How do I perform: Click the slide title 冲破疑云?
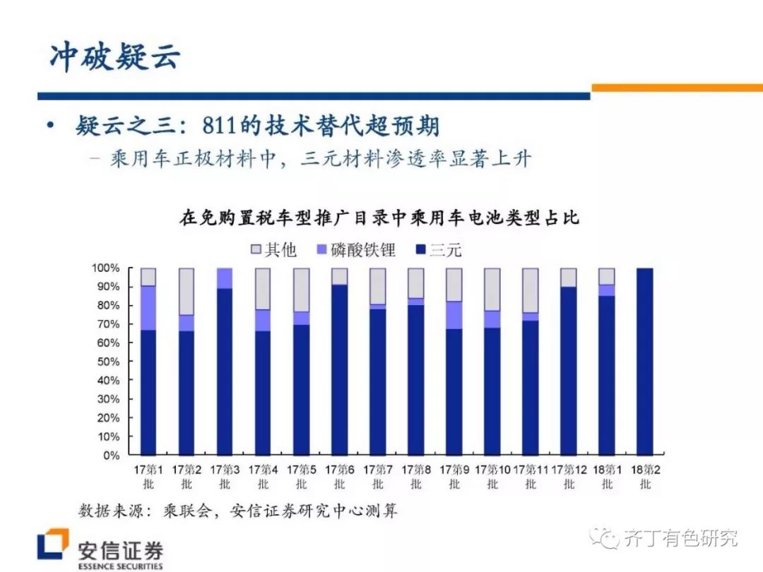(x=115, y=56)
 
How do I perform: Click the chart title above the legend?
(x=379, y=218)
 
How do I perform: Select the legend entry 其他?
(x=273, y=249)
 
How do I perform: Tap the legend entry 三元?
(x=438, y=249)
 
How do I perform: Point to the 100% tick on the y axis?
(x=105, y=268)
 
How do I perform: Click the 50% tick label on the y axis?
(x=107, y=362)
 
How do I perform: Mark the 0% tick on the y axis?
(x=111, y=455)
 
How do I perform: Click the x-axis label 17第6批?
(x=340, y=476)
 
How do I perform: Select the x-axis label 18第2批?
(x=645, y=476)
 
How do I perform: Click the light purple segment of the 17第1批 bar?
(x=148, y=308)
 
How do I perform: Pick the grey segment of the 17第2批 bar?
(x=187, y=291)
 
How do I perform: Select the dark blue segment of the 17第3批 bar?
(x=225, y=371)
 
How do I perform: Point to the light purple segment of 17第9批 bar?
(x=454, y=315)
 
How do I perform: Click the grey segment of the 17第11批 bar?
(x=530, y=290)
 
